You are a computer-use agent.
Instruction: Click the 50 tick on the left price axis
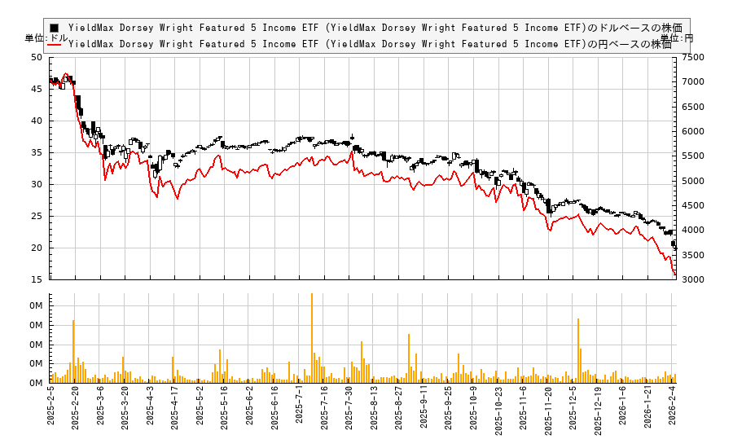coord(36,57)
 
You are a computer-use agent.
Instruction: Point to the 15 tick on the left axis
coord(36,279)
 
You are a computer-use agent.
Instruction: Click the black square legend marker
coord(54,28)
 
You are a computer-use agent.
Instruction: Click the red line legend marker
coord(54,44)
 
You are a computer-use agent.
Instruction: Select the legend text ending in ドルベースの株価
coord(375,28)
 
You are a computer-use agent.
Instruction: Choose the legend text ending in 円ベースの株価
coord(370,44)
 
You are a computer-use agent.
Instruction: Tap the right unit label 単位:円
coord(676,38)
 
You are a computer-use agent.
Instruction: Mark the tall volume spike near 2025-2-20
coord(73,350)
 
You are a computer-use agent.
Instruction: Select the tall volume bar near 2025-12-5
coord(577,349)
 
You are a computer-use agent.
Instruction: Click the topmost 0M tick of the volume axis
coord(36,305)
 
